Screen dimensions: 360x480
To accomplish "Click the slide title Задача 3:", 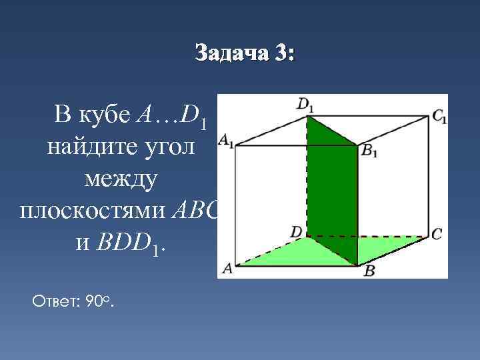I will pos(243,53).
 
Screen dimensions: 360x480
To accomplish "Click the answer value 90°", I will pos(99,303).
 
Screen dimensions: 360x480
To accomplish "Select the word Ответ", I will pos(54,303).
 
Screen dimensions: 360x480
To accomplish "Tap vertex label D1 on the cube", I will pos(305,105).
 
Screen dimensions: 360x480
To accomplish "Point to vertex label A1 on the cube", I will pos(226,141).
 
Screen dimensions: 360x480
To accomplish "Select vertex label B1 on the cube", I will pos(369,151).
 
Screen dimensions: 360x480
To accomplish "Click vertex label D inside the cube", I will pos(296,231).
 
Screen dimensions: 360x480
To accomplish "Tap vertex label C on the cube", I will pos(437,234).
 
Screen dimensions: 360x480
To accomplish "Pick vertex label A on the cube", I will pos(227,268).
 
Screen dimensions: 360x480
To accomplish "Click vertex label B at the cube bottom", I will pos(368,271).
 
